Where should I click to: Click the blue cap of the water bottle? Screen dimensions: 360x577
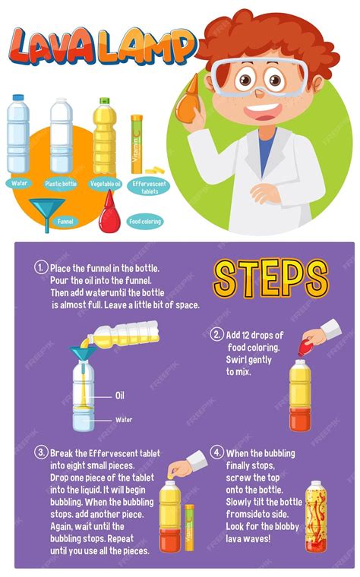click(x=18, y=97)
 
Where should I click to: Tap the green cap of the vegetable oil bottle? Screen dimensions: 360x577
click(x=105, y=100)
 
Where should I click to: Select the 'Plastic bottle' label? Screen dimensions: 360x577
click(x=61, y=184)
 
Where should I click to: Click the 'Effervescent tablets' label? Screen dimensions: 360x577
click(x=149, y=187)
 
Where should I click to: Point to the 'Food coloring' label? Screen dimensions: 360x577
click(x=144, y=222)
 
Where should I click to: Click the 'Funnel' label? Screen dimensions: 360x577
click(x=65, y=222)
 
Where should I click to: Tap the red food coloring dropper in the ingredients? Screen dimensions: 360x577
click(x=109, y=213)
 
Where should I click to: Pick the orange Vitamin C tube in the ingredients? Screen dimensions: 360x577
click(x=137, y=144)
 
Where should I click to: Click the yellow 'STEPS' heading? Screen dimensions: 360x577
click(x=270, y=279)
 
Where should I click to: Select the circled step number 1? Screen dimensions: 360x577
click(x=40, y=267)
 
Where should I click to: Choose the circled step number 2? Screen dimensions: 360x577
click(x=216, y=334)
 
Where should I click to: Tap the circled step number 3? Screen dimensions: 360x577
click(x=40, y=452)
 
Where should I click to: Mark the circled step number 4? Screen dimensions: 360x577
click(x=216, y=452)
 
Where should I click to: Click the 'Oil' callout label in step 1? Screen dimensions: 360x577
click(x=120, y=396)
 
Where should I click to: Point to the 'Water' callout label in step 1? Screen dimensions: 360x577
click(x=124, y=420)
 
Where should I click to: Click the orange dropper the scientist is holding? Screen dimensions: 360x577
click(x=188, y=99)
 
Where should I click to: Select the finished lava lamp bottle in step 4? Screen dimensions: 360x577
click(x=316, y=516)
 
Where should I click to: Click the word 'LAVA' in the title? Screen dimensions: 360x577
click(x=53, y=47)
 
